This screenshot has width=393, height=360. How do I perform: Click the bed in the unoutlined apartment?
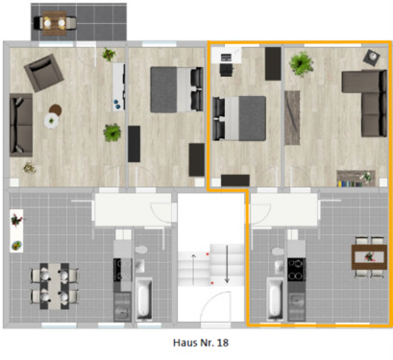click(x=171, y=88)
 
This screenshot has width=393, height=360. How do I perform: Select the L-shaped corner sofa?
click(x=366, y=101)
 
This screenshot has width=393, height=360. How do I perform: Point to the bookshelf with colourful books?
click(x=356, y=178)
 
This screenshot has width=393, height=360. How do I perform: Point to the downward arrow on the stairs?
click(x=227, y=264)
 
